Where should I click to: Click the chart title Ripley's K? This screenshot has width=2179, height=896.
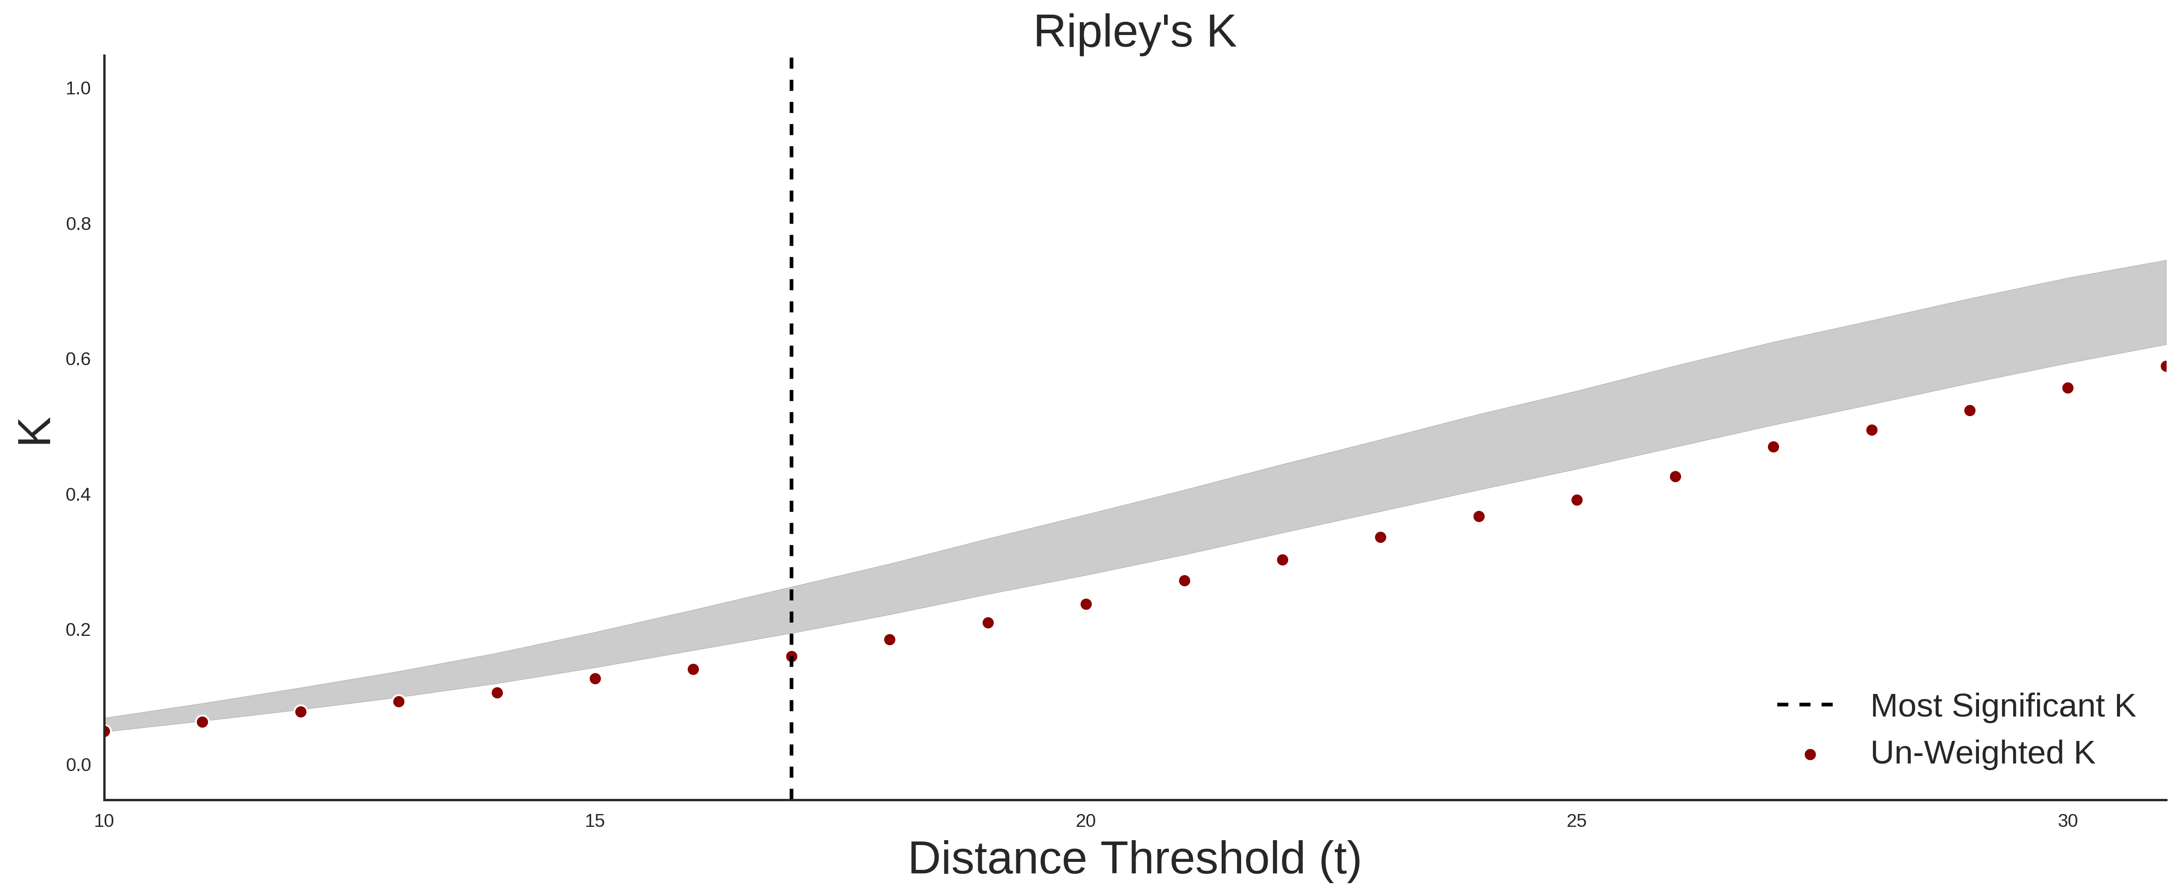pos(1134,32)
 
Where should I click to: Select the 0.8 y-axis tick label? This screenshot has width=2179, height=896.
pos(78,224)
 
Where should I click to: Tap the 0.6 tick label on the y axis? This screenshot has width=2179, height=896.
pos(78,359)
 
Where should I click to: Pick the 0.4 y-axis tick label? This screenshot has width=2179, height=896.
pos(78,495)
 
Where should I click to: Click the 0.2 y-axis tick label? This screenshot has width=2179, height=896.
pos(78,630)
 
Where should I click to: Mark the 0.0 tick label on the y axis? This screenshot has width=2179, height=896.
pos(78,765)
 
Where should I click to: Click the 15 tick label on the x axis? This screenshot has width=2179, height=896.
pos(595,821)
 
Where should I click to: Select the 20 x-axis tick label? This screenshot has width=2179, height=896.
pos(1085,821)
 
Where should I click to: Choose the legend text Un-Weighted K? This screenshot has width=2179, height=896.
pos(1982,752)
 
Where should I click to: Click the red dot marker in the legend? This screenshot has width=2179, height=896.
pos(1809,755)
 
